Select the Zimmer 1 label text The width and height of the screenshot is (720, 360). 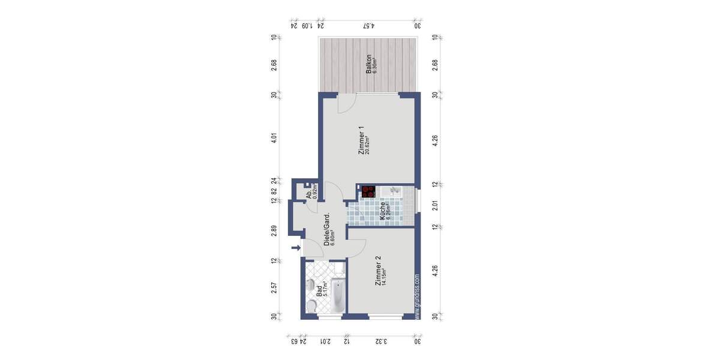361,140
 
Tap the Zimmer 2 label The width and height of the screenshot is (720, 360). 377,271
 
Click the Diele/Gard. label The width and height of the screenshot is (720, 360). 327,230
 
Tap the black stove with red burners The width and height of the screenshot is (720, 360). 368,192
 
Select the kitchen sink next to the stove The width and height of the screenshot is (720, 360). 394,191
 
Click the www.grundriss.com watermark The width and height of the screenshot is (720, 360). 417,298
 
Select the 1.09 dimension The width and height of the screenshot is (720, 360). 307,26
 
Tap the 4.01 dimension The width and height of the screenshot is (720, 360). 274,137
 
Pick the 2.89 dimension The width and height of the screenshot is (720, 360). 274,231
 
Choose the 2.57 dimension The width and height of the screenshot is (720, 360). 274,287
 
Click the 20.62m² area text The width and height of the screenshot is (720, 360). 368,144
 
